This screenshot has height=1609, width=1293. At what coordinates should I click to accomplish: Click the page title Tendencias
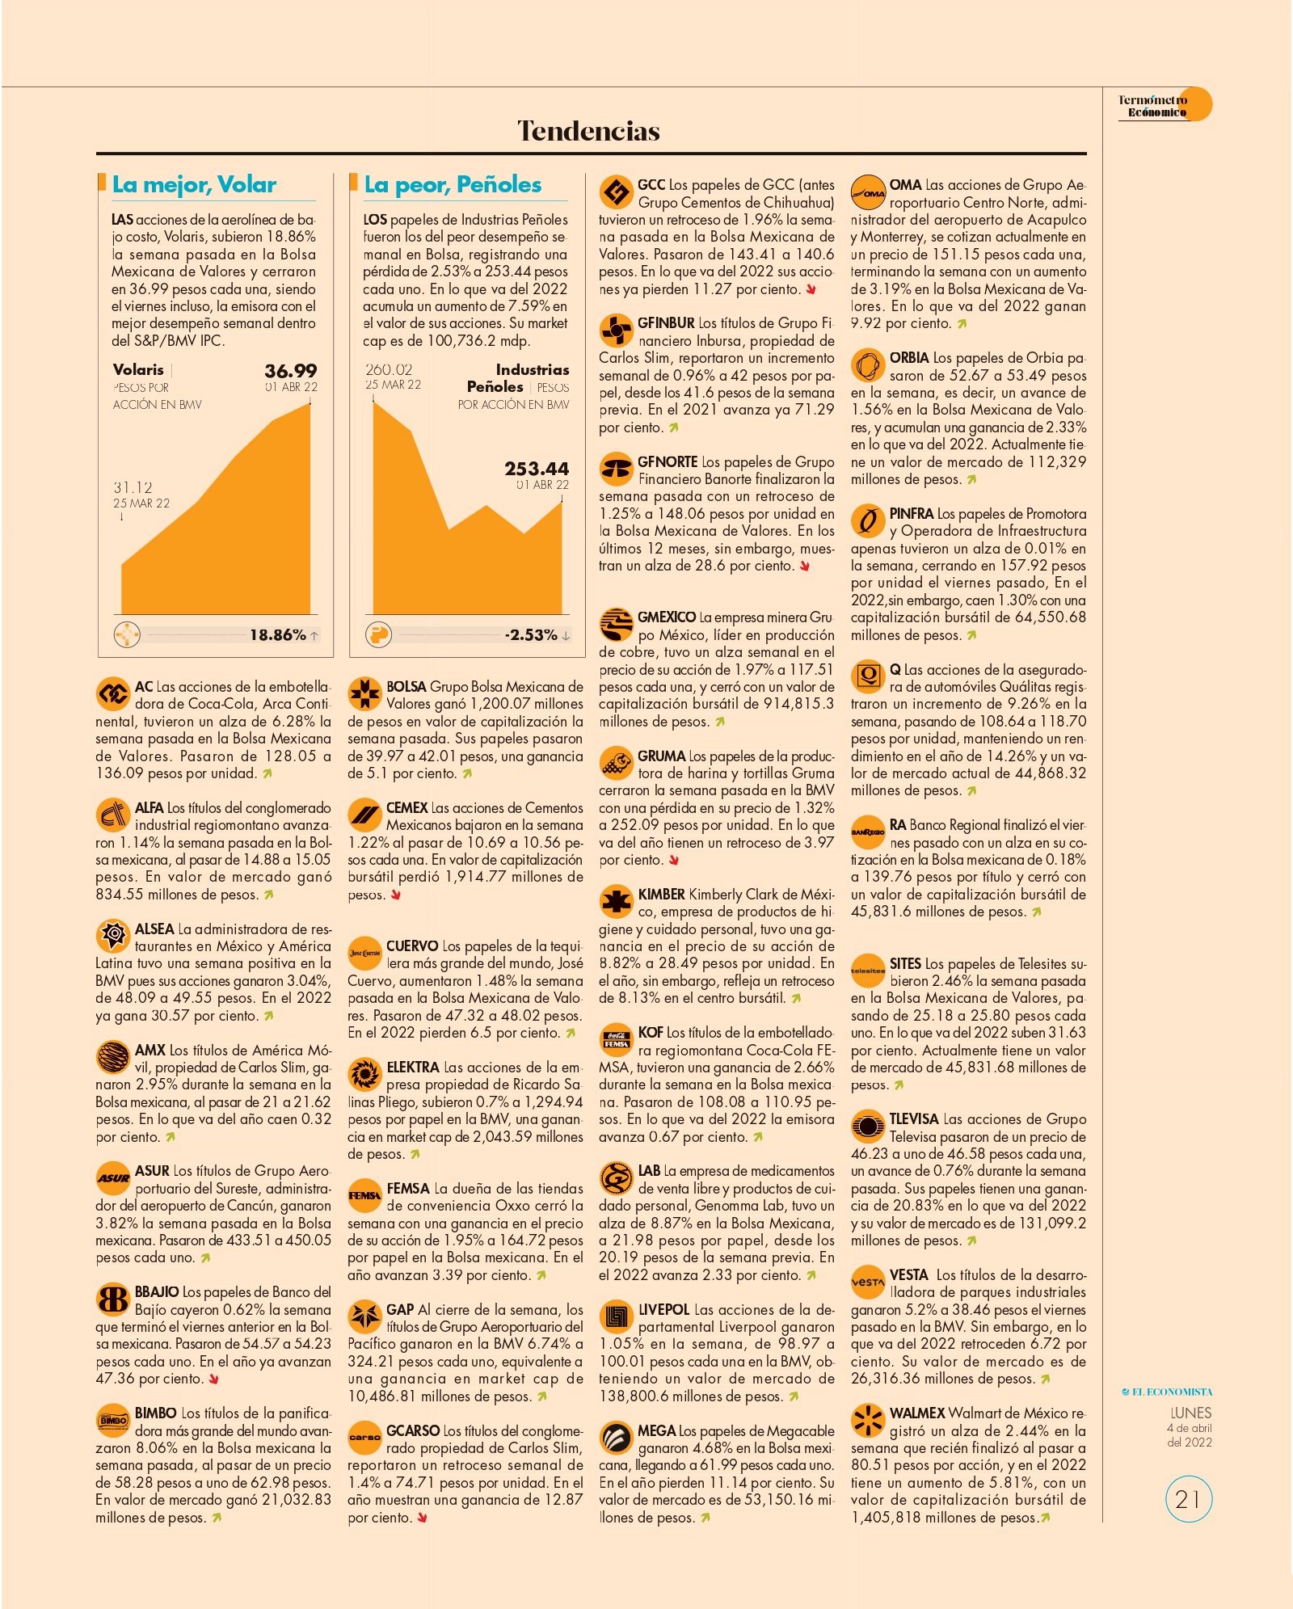point(588,130)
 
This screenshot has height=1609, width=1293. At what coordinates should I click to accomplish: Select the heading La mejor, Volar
point(194,185)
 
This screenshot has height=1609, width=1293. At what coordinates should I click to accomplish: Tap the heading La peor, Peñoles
point(453,185)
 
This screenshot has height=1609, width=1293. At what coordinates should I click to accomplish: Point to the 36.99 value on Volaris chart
point(290,371)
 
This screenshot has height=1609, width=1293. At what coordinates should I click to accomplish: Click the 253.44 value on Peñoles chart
point(537,469)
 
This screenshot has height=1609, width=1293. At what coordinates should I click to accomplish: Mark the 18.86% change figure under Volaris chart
point(277,635)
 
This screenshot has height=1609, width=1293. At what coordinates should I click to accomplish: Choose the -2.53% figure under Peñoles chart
point(531,635)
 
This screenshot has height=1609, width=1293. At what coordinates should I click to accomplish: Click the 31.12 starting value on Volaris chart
point(133,487)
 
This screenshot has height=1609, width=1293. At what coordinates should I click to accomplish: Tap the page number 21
point(1189,1500)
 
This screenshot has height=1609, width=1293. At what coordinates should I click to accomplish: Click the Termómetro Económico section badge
point(1165,105)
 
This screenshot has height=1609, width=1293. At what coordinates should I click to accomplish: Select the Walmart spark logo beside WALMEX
point(868,1420)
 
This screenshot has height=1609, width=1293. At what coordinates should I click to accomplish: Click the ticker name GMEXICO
point(667,617)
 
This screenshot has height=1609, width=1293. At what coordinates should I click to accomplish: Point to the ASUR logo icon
point(113,1178)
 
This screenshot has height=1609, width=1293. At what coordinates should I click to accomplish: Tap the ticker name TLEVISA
point(914,1119)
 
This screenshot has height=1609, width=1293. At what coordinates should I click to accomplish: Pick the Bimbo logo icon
point(113,1420)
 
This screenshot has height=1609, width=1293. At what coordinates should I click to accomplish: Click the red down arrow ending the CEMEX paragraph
point(396,895)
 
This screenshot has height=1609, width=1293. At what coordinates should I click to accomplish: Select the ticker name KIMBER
point(661,895)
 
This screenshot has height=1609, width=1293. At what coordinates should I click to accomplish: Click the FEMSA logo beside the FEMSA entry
point(364,1195)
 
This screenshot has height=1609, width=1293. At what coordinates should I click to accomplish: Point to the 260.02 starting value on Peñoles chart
point(389,369)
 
